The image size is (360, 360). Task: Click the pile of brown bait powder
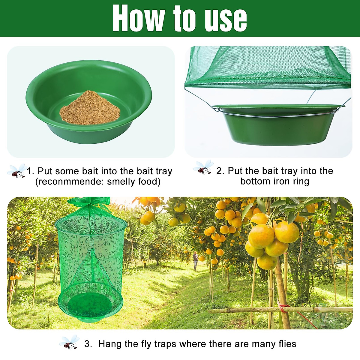tap(90, 108)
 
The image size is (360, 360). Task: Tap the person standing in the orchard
tap(196, 260)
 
